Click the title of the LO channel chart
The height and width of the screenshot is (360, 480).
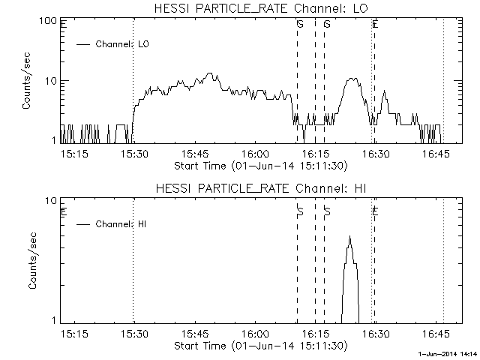pyautogui.click(x=260, y=9)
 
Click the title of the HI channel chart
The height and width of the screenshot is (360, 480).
pyautogui.click(x=260, y=188)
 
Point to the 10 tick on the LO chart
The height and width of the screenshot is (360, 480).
pyautogui.click(x=52, y=81)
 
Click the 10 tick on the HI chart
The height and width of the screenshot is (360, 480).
pyautogui.click(x=52, y=201)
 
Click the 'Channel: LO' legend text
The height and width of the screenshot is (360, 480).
pyautogui.click(x=123, y=44)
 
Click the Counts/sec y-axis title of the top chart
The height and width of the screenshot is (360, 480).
pyautogui.click(x=28, y=82)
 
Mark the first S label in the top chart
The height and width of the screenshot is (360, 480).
pyautogui.click(x=300, y=24)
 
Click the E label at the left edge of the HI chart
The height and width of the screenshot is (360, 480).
pyautogui.click(x=64, y=212)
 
